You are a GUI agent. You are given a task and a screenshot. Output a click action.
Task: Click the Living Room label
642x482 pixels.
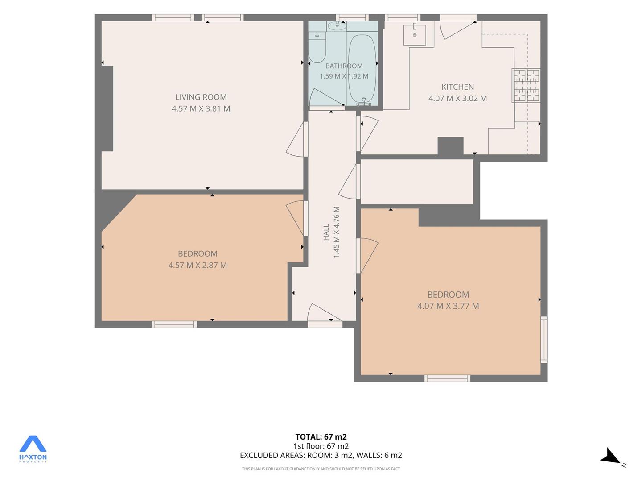click(x=201, y=97)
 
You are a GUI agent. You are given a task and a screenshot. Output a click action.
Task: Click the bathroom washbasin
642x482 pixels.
click(x=337, y=26)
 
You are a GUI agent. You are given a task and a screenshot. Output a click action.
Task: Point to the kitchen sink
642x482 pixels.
click(x=415, y=35)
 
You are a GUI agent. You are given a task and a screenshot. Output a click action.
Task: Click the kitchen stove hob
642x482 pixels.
click(x=526, y=85)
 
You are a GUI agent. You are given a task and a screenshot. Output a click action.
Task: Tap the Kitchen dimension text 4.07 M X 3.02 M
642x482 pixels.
click(x=457, y=98)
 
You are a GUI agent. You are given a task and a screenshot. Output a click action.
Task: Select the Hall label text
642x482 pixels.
click(x=326, y=232)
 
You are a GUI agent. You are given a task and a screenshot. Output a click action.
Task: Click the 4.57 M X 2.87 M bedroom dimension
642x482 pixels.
click(x=198, y=266)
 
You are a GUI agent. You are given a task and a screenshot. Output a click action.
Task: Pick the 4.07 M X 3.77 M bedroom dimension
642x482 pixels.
click(x=448, y=306)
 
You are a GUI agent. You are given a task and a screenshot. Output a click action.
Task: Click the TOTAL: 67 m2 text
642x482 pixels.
click(x=321, y=437)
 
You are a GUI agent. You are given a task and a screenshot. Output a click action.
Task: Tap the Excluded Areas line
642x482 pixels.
click(x=321, y=455)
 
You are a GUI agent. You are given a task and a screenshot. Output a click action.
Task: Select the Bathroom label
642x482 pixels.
click(x=344, y=66)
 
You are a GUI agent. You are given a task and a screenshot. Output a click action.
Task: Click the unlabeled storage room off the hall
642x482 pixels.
click(x=416, y=182)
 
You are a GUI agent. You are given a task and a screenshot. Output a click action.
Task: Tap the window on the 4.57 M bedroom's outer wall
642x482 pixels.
click(x=174, y=324)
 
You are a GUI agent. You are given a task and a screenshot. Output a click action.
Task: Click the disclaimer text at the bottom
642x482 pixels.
click(x=321, y=469)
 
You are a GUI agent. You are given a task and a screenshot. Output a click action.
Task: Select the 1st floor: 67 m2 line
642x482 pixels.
click(x=321, y=446)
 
